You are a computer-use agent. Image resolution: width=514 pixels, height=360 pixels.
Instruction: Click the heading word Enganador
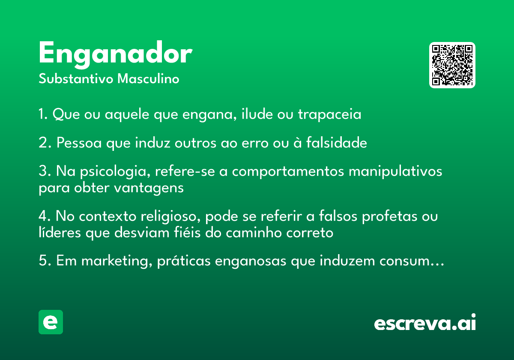coord(115,55)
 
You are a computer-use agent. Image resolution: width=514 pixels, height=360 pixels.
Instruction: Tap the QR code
coord(452,65)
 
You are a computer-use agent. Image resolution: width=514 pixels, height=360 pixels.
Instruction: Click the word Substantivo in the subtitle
coord(76,79)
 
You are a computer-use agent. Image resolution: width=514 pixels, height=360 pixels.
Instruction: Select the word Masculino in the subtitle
coord(148,79)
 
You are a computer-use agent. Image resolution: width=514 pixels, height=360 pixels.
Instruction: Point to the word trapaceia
coord(329,114)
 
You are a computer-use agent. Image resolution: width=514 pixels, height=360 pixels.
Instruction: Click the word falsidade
coord(337,143)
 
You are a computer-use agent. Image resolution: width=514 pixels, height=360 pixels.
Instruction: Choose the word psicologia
coord(115,171)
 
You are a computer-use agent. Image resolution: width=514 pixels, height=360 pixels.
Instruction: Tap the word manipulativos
coord(395,171)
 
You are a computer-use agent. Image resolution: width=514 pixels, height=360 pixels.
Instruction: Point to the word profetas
coord(389,216)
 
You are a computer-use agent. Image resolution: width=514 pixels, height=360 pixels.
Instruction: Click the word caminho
coord(254,233)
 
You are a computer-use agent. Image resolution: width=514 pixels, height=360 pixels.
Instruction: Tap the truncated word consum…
coord(412,261)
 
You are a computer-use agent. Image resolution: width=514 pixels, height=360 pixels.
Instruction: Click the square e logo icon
coord(51,322)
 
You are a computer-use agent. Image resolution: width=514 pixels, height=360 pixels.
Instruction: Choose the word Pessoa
coord(79,143)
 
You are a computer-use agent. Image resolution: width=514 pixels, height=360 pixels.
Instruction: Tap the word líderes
coord(60,232)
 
